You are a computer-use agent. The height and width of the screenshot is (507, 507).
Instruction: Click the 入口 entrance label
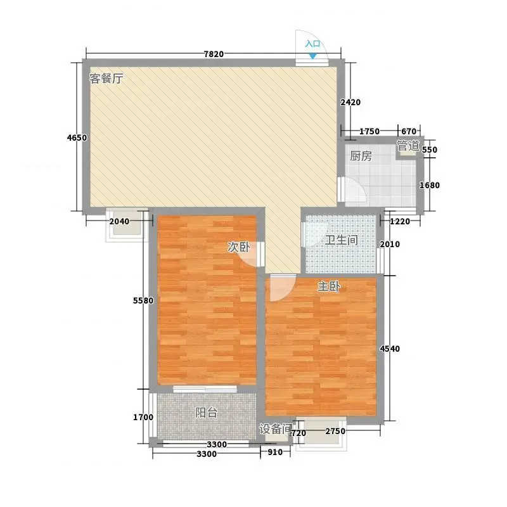312,44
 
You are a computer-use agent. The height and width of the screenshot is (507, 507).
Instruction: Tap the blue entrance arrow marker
312,56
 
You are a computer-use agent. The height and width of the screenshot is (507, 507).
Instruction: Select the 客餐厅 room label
106,79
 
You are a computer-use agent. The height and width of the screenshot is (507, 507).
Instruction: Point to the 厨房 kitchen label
361,156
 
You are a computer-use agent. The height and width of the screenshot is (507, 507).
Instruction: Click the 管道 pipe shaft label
408,146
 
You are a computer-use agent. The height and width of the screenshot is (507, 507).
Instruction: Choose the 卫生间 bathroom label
342,240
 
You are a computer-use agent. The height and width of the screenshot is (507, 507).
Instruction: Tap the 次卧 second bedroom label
239,247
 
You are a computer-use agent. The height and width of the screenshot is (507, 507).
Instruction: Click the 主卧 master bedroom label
329,286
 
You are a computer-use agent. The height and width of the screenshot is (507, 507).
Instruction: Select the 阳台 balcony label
207,413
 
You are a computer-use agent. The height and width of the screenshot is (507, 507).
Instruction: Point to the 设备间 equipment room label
276,429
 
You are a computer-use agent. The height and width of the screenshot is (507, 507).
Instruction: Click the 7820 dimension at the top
214,54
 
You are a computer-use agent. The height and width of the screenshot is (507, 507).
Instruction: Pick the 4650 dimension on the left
77,138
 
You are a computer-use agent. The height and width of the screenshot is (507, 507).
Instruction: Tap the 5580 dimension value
143,300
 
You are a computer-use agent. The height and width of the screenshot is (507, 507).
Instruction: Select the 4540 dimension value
390,349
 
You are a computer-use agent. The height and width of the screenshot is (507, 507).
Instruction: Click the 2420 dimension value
350,103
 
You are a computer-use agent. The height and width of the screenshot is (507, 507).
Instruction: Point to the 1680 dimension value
430,185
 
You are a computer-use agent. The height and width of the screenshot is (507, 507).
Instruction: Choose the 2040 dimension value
119,221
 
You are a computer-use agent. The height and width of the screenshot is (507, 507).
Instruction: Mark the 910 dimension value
275,452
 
